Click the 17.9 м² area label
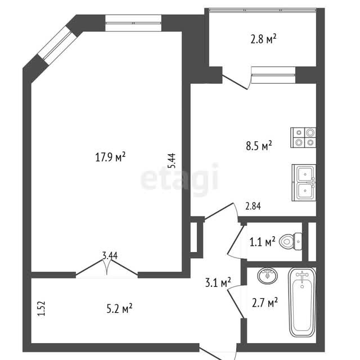(110, 157)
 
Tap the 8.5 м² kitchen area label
(259, 146)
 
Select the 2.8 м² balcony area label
(263, 39)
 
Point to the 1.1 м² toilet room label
(262, 242)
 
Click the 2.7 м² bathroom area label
(265, 303)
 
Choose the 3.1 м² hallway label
(218, 282)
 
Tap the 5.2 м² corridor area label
(119, 308)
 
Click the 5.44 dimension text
(172, 160)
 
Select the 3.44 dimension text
(110, 255)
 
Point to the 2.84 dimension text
(253, 206)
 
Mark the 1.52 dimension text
(42, 309)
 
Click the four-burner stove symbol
(303, 137)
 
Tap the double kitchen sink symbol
(304, 183)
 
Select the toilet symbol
(291, 241)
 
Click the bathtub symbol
(302, 302)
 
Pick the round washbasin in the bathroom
(268, 275)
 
